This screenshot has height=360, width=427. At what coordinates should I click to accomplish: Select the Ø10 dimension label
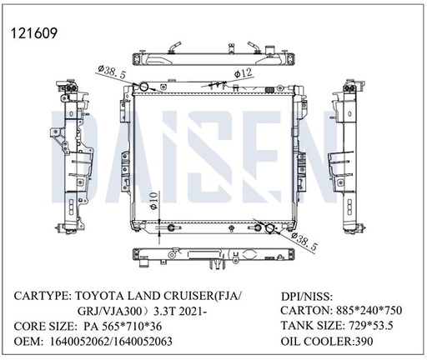[153, 202]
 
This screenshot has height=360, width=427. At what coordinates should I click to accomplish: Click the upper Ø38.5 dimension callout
[112, 72]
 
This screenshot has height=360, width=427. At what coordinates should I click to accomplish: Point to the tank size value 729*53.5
[370, 325]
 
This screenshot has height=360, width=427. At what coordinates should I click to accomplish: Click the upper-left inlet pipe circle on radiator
[143, 87]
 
